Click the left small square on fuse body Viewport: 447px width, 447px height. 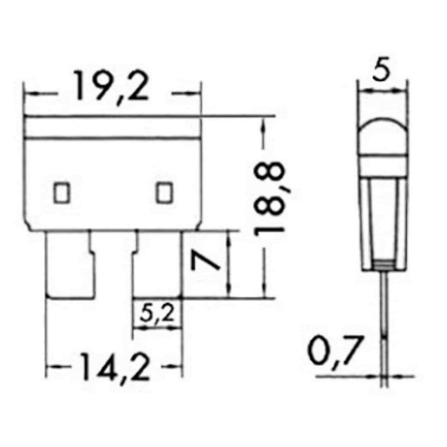(61, 193)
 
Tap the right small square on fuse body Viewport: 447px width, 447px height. (164, 193)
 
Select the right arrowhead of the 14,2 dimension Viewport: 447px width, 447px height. (178, 366)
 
